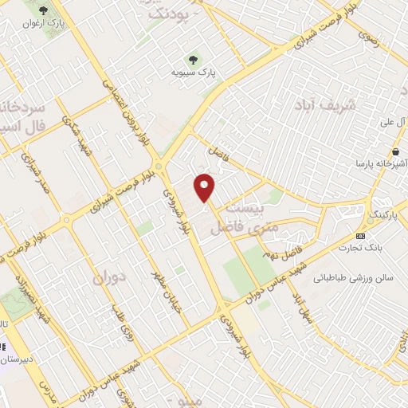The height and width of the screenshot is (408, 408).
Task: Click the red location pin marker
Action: [x=205, y=186]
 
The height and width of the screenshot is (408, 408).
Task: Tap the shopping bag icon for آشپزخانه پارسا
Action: [x=395, y=151]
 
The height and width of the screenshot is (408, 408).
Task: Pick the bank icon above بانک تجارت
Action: [x=361, y=236]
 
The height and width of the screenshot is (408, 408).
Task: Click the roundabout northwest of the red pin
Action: [x=159, y=166]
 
